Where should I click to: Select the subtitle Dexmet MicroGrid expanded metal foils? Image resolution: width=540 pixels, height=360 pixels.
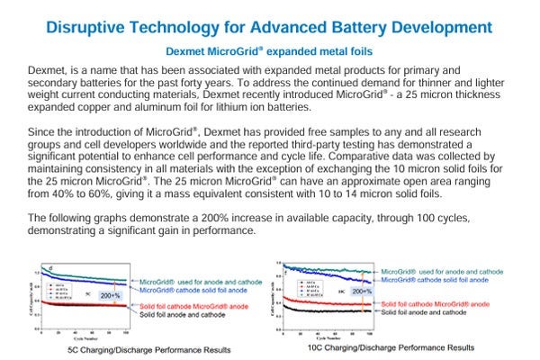pos(270,51)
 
